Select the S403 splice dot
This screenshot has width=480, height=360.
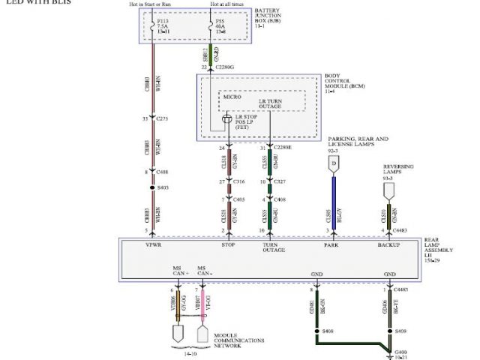pos(152,187)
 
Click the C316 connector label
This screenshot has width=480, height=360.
pos(238,181)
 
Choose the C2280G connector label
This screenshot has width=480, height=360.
pos(228,67)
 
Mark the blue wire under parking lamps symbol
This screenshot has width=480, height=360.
pos(331,205)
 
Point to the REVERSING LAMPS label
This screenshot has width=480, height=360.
pos(399,169)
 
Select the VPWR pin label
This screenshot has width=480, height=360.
pos(154,244)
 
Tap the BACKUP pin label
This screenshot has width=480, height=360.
pos(389,244)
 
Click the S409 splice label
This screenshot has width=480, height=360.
pos(400,328)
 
